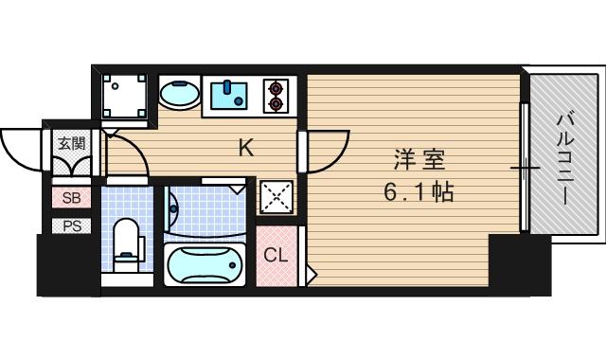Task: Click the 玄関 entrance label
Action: point(71,144)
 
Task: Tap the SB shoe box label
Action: point(72,198)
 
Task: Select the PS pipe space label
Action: point(72,225)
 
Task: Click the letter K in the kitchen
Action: point(245,148)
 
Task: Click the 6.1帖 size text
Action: point(418,192)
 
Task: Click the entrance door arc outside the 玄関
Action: point(21,152)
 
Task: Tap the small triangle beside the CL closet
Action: point(310,276)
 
